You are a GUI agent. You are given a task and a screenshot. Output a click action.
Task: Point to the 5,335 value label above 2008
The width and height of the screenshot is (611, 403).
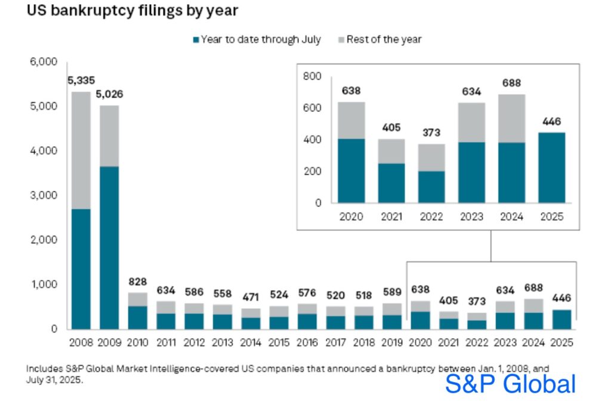[81, 80]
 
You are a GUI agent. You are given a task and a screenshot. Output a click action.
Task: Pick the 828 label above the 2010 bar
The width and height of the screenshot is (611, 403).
[138, 281]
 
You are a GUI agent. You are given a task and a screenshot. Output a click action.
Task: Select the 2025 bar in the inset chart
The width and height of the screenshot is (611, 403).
[552, 168]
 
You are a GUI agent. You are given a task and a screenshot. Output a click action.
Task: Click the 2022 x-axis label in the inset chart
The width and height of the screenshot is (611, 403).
[431, 216]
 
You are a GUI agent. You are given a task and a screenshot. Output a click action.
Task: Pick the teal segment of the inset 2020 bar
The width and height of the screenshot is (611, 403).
[351, 170]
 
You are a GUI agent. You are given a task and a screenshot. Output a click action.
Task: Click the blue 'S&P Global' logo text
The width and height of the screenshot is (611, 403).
[510, 384]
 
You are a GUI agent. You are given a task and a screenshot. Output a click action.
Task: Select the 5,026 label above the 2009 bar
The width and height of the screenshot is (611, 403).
[109, 94]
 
